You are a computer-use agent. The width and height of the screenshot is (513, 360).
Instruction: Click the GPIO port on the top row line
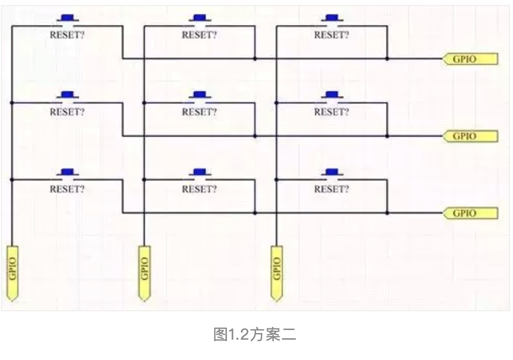(x=469, y=59)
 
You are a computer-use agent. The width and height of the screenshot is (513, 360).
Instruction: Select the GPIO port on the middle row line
(x=469, y=136)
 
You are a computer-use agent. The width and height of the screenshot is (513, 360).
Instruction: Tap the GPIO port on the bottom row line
(x=469, y=213)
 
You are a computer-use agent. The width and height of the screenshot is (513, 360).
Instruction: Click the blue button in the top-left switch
(x=67, y=18)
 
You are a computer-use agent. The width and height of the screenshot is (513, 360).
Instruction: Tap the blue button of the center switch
(x=199, y=95)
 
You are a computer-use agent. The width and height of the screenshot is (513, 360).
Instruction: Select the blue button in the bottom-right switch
(x=331, y=172)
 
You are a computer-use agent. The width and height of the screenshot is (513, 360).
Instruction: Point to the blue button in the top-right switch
(x=331, y=18)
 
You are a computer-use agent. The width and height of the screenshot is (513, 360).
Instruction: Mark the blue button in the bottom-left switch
(x=67, y=172)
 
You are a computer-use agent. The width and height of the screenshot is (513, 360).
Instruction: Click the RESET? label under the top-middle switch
(x=199, y=36)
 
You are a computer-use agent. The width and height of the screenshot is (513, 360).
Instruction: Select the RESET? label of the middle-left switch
(x=67, y=112)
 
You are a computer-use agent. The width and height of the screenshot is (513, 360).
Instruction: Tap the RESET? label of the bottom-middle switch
(x=199, y=190)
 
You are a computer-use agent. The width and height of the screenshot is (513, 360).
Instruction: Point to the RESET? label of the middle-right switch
(x=331, y=112)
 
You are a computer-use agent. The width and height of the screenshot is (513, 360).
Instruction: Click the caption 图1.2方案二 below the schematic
(x=254, y=335)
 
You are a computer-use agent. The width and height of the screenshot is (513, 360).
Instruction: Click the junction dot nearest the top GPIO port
(x=387, y=59)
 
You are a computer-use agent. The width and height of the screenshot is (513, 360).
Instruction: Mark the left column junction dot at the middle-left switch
(x=12, y=103)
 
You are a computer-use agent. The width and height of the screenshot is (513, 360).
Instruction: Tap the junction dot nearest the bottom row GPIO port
(x=387, y=213)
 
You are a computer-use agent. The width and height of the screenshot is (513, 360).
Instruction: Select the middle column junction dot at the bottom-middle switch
(x=145, y=179)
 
